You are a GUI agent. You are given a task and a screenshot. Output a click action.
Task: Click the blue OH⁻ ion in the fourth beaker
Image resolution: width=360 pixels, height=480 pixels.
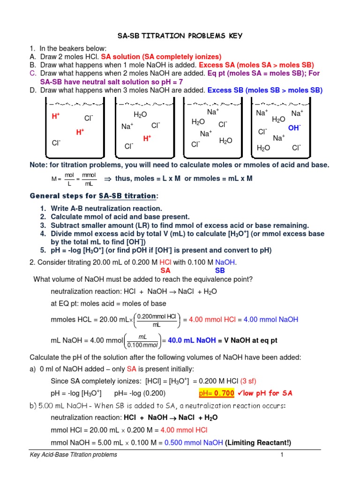tap(294, 127)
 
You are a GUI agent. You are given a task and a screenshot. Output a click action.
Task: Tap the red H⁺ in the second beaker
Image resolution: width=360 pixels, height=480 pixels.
tap(147, 138)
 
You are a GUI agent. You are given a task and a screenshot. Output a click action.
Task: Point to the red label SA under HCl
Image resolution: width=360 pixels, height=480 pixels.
tap(165, 270)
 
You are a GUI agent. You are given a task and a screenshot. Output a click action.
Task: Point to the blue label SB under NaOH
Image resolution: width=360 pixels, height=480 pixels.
tap(220, 270)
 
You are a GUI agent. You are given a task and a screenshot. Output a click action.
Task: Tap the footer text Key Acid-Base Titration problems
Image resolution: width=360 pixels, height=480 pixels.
tap(73, 455)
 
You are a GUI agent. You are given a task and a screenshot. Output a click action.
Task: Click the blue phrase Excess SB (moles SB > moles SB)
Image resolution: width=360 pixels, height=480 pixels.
tap(265, 90)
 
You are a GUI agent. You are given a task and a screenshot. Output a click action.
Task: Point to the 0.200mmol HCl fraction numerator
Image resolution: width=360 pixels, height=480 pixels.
tap(156, 316)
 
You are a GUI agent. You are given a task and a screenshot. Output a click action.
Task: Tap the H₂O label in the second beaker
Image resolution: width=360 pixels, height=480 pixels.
tap(141, 114)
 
